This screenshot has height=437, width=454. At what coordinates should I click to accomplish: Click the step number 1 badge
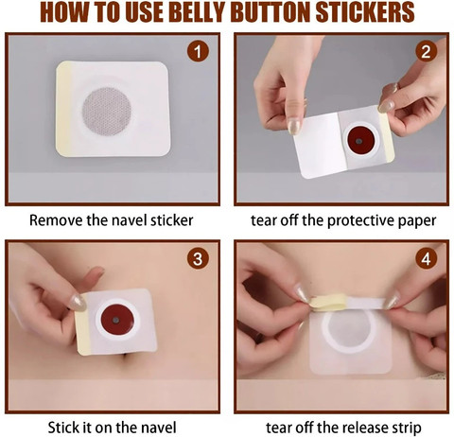pyautogui.click(x=198, y=51)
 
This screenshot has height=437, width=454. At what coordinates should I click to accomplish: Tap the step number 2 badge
pyautogui.click(x=427, y=51)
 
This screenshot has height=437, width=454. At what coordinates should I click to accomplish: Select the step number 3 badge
pyautogui.click(x=198, y=258)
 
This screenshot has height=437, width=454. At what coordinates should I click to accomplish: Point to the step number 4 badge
pyautogui.click(x=427, y=258)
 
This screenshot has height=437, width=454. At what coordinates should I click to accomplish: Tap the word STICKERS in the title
pyautogui.click(x=365, y=12)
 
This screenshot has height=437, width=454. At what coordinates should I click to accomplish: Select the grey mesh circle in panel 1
pyautogui.click(x=107, y=112)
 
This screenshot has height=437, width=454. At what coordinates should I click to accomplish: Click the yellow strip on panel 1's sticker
pyautogui.click(x=64, y=109)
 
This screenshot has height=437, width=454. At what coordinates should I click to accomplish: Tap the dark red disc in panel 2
pyautogui.click(x=359, y=141)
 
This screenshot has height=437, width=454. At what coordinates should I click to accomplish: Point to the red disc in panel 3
pyautogui.click(x=117, y=320)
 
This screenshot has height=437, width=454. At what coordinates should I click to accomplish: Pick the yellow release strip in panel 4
pyautogui.click(x=328, y=302)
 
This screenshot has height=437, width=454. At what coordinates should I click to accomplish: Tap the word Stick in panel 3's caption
pyautogui.click(x=63, y=428)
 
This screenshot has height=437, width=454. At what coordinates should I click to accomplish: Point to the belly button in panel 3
pyautogui.click(x=126, y=357)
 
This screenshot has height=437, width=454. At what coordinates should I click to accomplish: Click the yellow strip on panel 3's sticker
pyautogui.click(x=83, y=324)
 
